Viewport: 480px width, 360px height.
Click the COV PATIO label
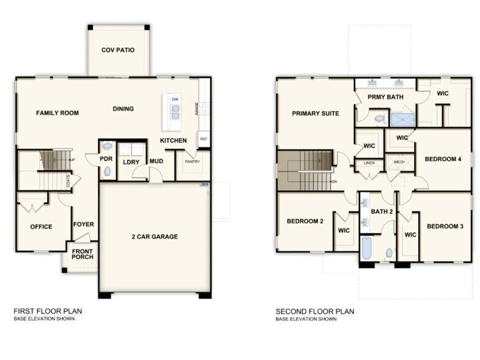pos(118,50)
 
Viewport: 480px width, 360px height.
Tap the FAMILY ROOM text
pos(57,113)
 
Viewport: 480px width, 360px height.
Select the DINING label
pos(123,109)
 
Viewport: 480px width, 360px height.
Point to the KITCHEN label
pos(173,140)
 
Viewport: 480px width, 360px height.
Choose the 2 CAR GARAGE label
pos(154,236)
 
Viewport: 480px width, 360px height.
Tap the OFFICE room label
pos(41,227)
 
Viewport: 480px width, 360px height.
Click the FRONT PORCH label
pos(83,253)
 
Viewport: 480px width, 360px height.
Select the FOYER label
pos(84,224)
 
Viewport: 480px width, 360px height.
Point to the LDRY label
pos(131,162)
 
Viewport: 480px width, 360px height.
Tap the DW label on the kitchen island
pos(174,99)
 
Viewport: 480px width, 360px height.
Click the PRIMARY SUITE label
pos(315,113)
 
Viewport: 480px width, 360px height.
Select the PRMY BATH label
pos(385,97)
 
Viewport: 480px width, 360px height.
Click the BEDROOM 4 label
pos(443,159)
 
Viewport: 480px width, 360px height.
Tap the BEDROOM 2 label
pos(304,221)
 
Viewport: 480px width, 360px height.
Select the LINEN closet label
pos(369,163)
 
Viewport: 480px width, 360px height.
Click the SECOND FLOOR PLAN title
pos(315,311)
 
